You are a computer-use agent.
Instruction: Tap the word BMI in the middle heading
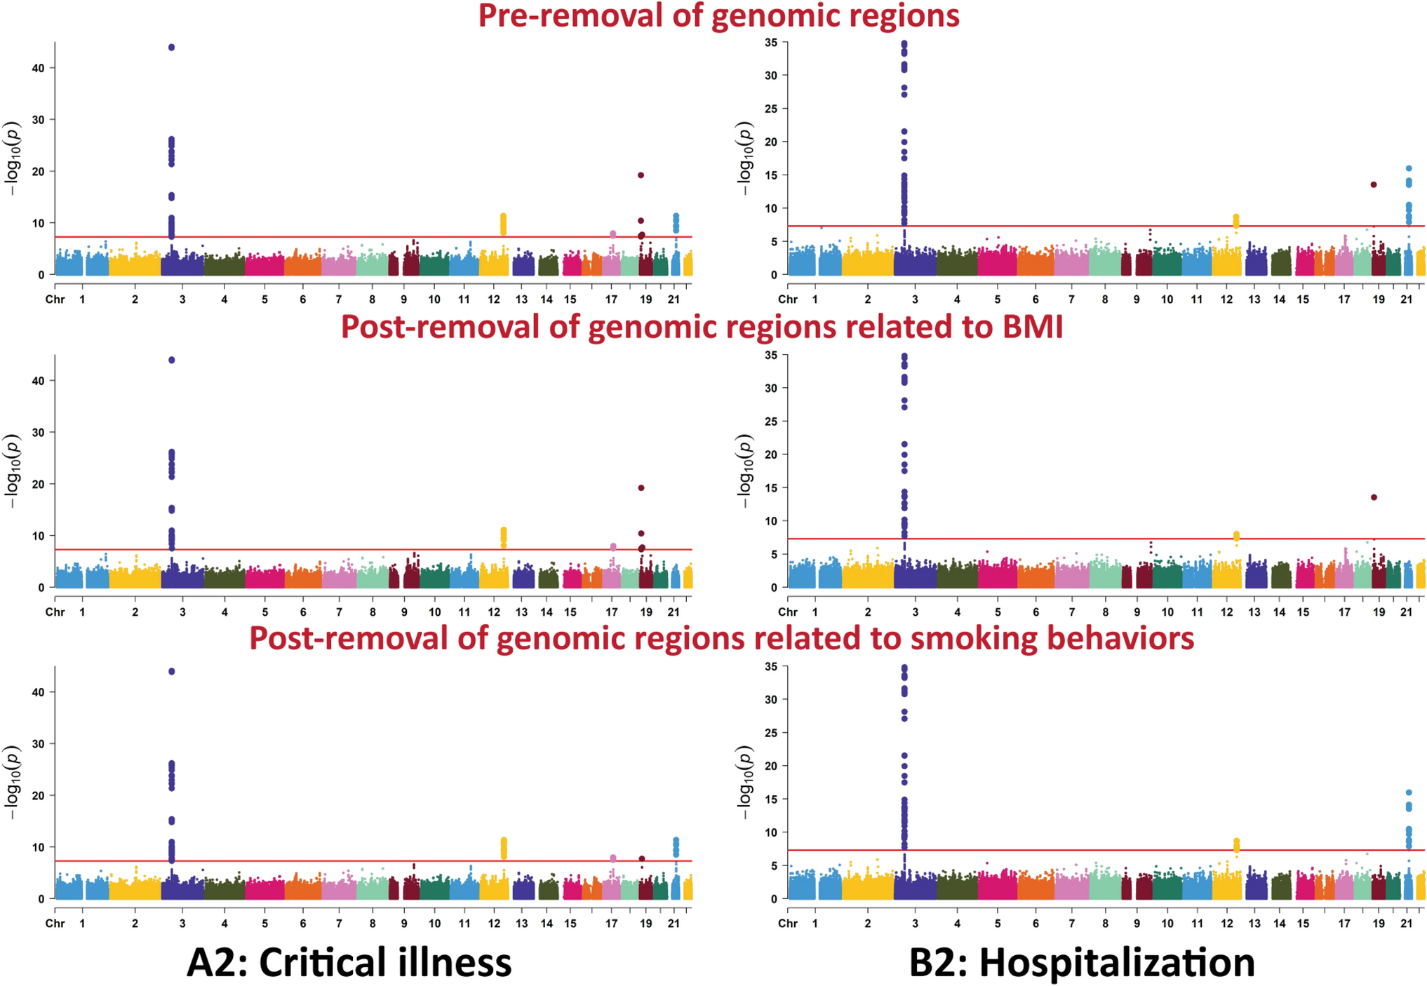pos(1029,327)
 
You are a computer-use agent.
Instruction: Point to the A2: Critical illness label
pos(349,962)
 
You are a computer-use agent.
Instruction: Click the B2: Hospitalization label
pos(1082,962)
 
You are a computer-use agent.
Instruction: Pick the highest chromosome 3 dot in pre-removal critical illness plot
pos(171,48)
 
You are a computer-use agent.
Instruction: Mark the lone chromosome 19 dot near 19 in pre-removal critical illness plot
pos(641,175)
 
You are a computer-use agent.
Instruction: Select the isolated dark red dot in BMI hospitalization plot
pos(1374,497)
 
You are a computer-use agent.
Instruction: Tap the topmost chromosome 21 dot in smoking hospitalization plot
pos(1409,792)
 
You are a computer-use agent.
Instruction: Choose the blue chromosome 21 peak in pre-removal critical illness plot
pos(676,222)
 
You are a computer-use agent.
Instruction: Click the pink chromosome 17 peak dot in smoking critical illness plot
pos(613,858)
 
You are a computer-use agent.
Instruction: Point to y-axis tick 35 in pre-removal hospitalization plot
pos(771,43)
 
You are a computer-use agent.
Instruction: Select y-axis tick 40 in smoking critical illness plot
pos(37,691)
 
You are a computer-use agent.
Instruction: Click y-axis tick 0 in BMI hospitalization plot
pos(774,588)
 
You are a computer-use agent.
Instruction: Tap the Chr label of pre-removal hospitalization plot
pos(788,299)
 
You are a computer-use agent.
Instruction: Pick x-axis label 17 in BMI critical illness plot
pos(612,612)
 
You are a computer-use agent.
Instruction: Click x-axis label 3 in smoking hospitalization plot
pos(915,924)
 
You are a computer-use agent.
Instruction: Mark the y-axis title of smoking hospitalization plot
pos(745,783)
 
